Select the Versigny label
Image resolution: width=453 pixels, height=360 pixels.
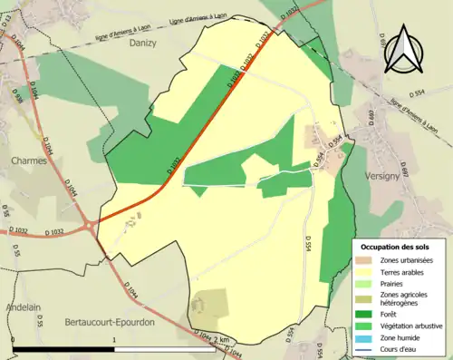pos(381,176)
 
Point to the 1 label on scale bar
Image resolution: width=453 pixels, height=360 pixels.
pos(114,340)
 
